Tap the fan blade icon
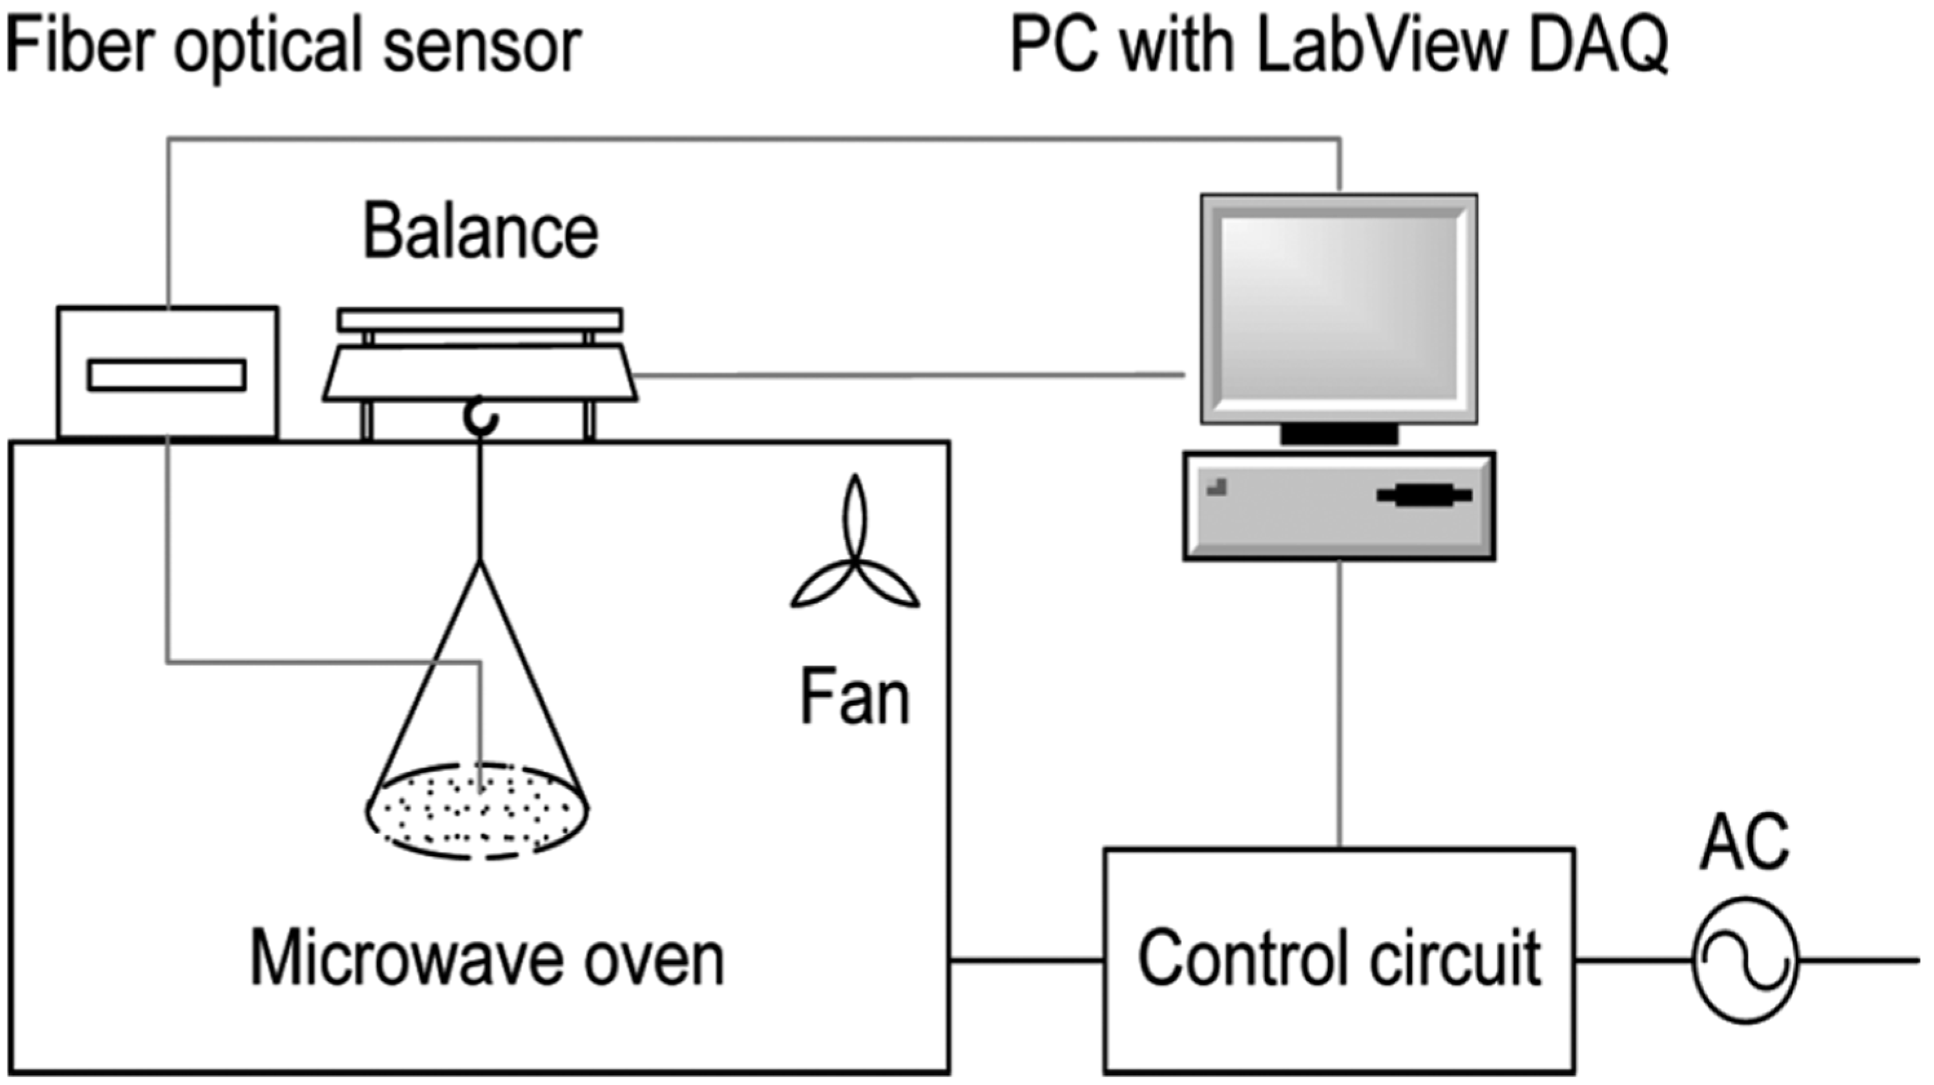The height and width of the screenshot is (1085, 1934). point(855,555)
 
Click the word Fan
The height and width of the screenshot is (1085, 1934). point(855,698)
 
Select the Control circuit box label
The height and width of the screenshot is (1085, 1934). point(1339,958)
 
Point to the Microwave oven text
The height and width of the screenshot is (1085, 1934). point(486,958)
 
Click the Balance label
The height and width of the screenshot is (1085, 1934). point(481,232)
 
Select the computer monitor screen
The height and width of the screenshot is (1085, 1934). point(1338,308)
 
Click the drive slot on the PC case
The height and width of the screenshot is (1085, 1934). point(1424,496)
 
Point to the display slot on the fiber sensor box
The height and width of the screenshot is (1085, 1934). point(167,376)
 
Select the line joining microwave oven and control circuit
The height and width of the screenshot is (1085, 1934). point(1026,960)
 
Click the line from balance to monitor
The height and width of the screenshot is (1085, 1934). point(908,374)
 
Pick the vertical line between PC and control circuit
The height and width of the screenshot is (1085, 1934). point(1339,705)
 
